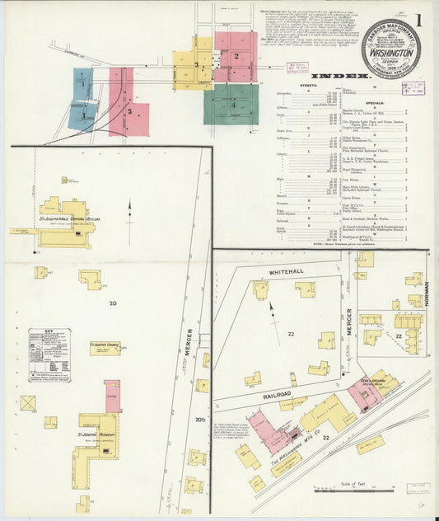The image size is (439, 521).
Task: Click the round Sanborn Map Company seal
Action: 390,48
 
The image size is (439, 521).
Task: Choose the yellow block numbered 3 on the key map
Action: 193,63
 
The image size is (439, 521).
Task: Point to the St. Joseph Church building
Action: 104,349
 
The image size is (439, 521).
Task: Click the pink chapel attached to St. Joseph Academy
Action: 113,396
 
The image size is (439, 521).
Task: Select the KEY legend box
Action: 49,354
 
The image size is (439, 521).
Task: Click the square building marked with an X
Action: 28,403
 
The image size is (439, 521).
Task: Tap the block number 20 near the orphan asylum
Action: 112,303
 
